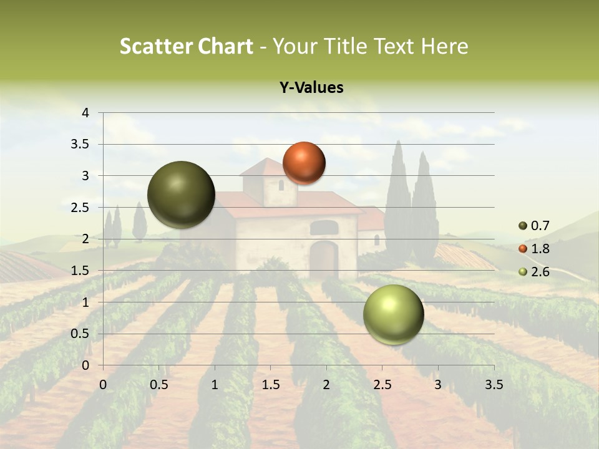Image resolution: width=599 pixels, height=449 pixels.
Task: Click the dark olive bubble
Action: click(x=181, y=195)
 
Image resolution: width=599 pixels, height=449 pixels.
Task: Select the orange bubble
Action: click(x=304, y=163)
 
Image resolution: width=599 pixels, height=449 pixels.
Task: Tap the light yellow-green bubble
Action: click(x=393, y=314)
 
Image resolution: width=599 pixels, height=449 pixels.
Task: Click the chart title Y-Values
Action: click(x=311, y=88)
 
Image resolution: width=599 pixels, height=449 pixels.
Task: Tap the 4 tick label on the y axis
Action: click(x=86, y=113)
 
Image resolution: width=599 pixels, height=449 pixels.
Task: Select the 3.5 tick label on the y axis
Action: click(x=81, y=144)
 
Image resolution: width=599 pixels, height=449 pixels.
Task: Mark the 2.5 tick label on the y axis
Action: click(x=81, y=207)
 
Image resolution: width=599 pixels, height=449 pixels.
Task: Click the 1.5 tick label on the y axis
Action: click(x=81, y=270)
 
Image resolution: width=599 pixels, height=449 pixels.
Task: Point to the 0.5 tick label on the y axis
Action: click(x=81, y=334)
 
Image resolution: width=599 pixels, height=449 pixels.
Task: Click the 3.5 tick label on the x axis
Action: click(x=494, y=384)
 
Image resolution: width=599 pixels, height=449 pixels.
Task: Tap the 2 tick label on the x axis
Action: click(x=326, y=384)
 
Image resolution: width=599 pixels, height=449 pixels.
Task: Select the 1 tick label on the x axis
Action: click(x=215, y=384)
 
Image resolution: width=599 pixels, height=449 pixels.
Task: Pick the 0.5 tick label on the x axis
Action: click(x=159, y=384)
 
